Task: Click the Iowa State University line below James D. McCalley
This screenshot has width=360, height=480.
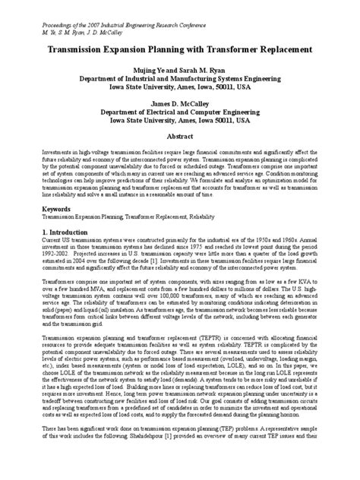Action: click(x=180, y=118)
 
